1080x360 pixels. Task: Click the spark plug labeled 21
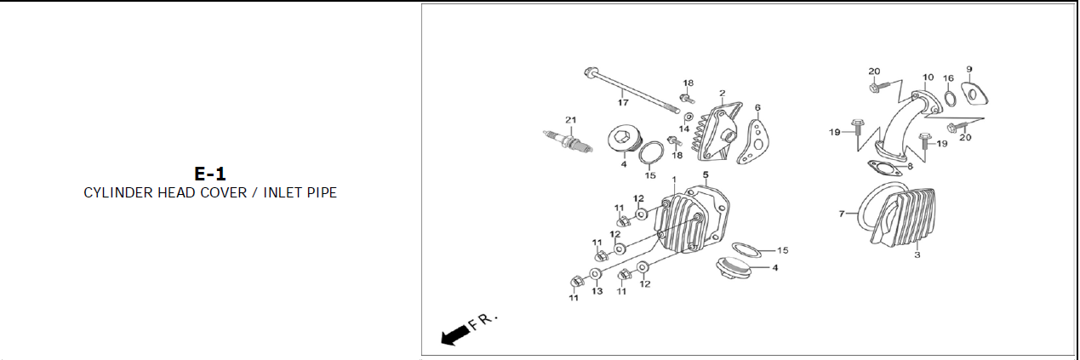(568, 140)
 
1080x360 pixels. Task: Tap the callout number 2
(723, 93)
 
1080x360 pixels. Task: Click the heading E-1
(209, 174)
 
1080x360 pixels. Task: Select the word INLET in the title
(281, 193)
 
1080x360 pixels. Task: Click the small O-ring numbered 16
(951, 99)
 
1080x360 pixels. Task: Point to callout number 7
(842, 214)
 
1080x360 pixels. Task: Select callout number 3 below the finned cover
(917, 254)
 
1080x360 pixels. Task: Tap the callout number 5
(706, 174)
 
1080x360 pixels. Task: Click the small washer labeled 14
(689, 117)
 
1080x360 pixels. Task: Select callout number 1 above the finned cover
(674, 180)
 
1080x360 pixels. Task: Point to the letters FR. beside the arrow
(483, 321)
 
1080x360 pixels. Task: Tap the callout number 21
(571, 119)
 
